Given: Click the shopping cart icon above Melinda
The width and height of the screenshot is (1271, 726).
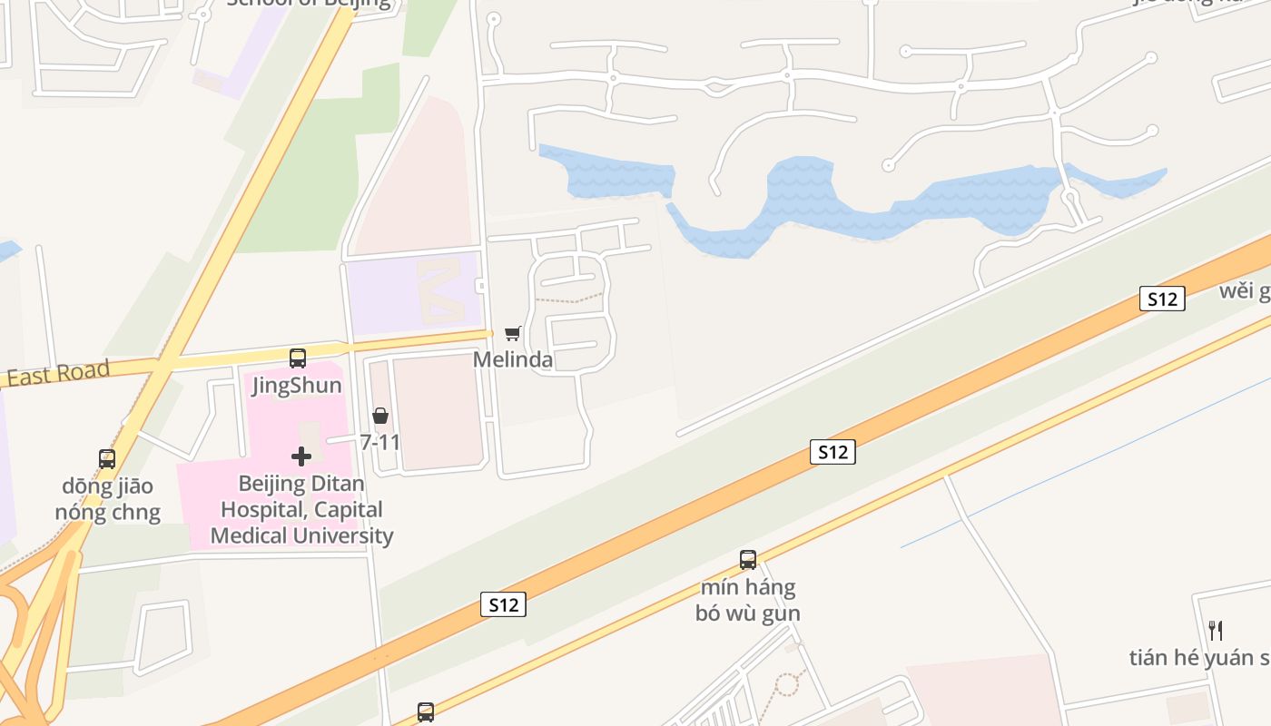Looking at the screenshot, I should [x=513, y=334].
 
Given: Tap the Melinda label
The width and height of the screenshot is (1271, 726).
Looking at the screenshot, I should [x=513, y=359].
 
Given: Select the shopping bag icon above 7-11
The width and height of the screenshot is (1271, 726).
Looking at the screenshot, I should [x=380, y=416].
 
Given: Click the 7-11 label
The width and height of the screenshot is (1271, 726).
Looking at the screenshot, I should [x=380, y=443].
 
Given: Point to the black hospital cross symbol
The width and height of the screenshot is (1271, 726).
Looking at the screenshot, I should [x=301, y=456].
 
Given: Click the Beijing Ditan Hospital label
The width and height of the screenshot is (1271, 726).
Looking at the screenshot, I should [x=302, y=510].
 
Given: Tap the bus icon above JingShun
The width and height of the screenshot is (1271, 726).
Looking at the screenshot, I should [x=298, y=358].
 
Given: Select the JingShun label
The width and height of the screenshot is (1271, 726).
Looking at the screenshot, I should [x=297, y=386].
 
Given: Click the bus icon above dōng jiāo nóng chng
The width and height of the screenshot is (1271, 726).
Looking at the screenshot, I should [x=107, y=459].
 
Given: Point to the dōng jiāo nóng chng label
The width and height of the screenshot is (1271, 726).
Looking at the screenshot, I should [x=107, y=499].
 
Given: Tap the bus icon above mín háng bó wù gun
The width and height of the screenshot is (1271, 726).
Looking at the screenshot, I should [x=748, y=560].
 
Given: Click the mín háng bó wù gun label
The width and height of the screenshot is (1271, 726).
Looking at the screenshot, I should [x=748, y=600].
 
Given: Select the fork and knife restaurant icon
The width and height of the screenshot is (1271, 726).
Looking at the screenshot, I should [x=1216, y=630].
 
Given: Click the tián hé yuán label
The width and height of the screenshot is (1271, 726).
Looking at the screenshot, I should [x=1198, y=658].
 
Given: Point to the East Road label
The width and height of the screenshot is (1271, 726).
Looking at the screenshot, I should [x=58, y=373].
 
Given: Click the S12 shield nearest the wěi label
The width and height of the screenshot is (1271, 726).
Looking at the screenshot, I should [x=1162, y=299].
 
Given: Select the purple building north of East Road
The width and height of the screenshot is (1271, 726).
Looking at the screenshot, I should [x=413, y=292].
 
